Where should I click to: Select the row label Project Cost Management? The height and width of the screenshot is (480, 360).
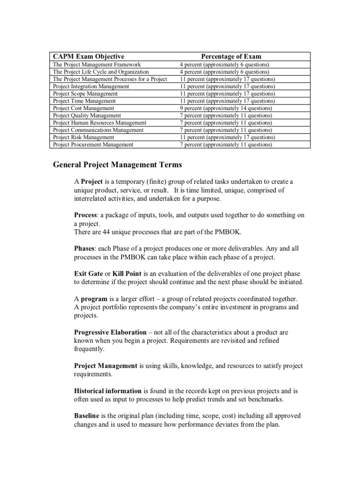[x=83, y=108]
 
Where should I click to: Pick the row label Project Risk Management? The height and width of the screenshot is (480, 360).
[x=83, y=137]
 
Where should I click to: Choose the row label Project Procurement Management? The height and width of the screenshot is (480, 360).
[x=93, y=145]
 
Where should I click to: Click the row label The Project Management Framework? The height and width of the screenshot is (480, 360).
[x=97, y=65]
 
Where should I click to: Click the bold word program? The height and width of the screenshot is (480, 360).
[x=93, y=299]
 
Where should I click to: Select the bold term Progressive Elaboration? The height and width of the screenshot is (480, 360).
[x=110, y=332]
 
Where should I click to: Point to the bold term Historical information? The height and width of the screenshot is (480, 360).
[x=108, y=390]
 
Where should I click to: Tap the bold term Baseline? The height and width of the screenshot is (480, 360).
[x=87, y=416]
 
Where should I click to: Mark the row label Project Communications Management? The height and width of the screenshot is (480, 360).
[x=98, y=130]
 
